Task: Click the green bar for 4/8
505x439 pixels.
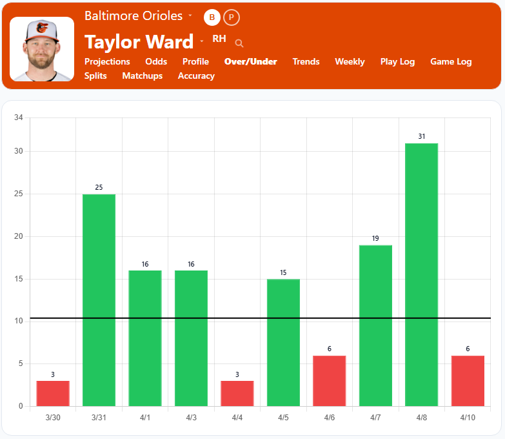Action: (x=421, y=274)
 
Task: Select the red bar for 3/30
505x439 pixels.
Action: (x=53, y=393)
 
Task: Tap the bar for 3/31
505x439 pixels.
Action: (x=99, y=300)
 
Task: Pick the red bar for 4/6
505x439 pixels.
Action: (x=329, y=380)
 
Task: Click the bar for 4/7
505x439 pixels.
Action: (x=375, y=325)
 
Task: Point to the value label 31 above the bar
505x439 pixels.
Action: (x=421, y=136)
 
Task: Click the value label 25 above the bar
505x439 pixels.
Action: (x=99, y=187)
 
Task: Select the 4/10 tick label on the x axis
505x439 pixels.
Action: (x=468, y=418)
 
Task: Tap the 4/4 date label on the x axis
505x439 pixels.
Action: (x=237, y=418)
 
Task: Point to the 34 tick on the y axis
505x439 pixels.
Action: (x=18, y=117)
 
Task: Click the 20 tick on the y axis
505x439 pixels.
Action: (x=18, y=236)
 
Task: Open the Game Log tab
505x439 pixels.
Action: (x=451, y=61)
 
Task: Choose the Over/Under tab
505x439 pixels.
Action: (x=250, y=61)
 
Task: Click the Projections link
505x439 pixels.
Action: (x=107, y=61)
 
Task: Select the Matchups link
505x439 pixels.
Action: (x=143, y=76)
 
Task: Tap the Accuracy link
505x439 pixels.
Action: (x=196, y=76)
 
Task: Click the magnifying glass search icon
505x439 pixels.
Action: (x=239, y=43)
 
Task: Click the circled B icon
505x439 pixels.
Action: (x=212, y=17)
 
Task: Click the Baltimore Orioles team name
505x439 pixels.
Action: (x=134, y=15)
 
